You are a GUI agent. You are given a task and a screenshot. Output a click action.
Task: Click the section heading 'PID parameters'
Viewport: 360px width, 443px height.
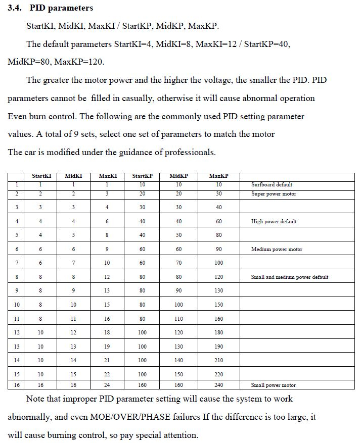[x=61, y=8]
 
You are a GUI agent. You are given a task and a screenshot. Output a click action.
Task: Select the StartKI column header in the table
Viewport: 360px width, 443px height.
[x=41, y=176]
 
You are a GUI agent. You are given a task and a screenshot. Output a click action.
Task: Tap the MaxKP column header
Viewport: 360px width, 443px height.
[x=218, y=176]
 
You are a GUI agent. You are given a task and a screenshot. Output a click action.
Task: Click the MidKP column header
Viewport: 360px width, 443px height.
[x=178, y=176]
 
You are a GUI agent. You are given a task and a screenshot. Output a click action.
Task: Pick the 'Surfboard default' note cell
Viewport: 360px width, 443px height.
[x=272, y=185]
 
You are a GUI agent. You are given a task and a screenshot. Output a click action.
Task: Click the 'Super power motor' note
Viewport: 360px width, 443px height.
[x=274, y=194]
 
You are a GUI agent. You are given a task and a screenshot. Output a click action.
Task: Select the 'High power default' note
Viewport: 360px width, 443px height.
[x=274, y=222]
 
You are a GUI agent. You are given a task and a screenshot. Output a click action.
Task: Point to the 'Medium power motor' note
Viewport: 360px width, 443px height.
[x=277, y=250]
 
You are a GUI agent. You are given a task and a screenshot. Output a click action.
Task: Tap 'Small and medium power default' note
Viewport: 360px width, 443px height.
[x=289, y=277]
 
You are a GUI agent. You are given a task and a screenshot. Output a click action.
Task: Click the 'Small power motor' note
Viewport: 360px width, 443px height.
[x=273, y=385]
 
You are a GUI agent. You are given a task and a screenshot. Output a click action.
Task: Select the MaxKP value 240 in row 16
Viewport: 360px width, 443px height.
[x=218, y=385]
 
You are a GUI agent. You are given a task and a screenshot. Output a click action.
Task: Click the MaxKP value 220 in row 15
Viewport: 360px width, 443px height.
[x=218, y=374]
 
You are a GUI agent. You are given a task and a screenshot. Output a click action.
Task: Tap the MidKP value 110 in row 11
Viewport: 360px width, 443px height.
[x=178, y=319]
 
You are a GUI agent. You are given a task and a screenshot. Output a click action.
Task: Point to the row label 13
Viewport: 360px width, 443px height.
[x=17, y=347]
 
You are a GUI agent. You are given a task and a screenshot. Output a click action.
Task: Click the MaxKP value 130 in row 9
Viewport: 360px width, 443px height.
[x=218, y=291]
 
